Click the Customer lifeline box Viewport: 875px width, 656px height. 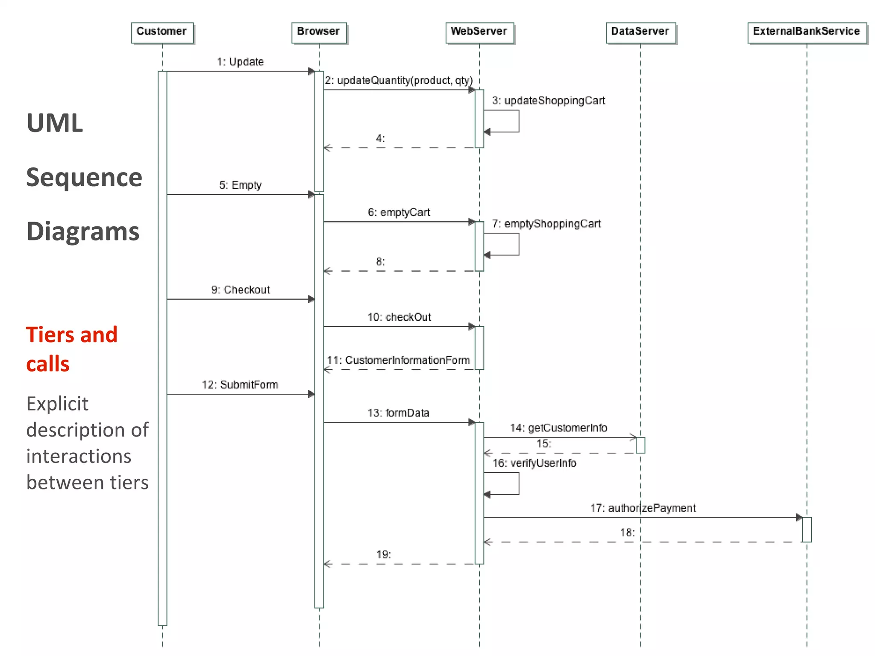[x=162, y=32]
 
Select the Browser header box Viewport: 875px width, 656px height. [x=319, y=32]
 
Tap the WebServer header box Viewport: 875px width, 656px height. [x=479, y=32]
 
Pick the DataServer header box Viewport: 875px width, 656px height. [x=640, y=32]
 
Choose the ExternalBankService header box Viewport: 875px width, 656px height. [x=806, y=32]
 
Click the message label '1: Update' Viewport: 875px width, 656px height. [x=240, y=62]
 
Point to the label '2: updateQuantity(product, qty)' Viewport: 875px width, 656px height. [x=399, y=81]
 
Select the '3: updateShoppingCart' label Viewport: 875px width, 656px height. [x=549, y=101]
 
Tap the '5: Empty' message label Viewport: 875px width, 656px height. [x=240, y=185]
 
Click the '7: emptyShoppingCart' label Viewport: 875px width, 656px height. [x=546, y=224]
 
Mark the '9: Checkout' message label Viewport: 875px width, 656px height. [x=240, y=290]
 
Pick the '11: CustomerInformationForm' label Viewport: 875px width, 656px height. [x=398, y=360]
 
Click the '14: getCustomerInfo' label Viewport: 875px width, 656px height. [x=558, y=428]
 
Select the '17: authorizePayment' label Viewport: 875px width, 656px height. [x=643, y=508]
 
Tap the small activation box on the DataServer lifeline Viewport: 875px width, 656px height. [x=640, y=445]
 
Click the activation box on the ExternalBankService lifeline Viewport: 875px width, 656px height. [x=807, y=530]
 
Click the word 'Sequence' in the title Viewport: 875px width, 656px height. [x=84, y=177]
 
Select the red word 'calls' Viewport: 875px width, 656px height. [x=48, y=364]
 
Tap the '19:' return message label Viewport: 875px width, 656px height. [x=383, y=555]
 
